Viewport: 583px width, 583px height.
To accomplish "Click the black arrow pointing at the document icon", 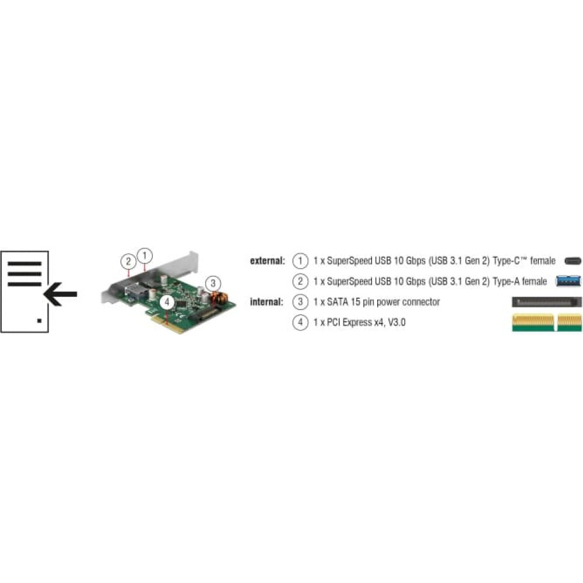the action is tap(60, 294).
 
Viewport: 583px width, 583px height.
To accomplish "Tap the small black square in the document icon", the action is tap(40, 321).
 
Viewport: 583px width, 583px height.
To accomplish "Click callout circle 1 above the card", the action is tap(145, 256).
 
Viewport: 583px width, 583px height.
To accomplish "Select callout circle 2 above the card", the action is tap(128, 261).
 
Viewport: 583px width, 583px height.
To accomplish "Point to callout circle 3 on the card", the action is tap(213, 284).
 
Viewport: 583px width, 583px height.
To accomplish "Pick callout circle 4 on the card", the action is tap(167, 302).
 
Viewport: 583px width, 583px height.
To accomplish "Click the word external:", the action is tap(268, 261).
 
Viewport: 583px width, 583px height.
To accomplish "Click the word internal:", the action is tap(266, 301).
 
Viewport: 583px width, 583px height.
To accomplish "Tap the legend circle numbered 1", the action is tap(300, 261).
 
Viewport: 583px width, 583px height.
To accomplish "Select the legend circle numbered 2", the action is tap(300, 282).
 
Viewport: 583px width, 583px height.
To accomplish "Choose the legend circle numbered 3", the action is tap(300, 302).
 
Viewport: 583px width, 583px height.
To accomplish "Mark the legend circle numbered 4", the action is tap(300, 322).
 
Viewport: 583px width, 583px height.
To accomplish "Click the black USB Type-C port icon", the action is tap(573, 261).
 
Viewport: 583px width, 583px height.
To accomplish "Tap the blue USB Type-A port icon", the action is tap(568, 281).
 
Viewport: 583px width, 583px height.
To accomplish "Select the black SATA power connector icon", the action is tap(547, 302).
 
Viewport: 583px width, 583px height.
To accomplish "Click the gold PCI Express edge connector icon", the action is tap(547, 322).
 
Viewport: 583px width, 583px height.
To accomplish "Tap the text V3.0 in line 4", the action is tap(396, 322).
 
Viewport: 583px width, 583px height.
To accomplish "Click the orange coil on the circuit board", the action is tap(219, 298).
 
